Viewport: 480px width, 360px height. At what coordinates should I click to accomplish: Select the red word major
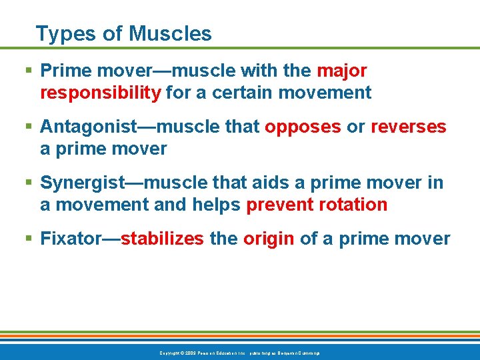[x=341, y=71]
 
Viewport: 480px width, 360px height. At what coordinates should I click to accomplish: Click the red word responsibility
[x=101, y=93]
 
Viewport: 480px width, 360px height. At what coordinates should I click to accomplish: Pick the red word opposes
[x=303, y=127]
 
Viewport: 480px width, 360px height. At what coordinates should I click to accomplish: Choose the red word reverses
[x=409, y=127]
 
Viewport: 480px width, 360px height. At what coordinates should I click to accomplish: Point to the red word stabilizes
[x=162, y=239]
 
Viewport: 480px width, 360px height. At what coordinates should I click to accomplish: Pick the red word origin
[x=269, y=239]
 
